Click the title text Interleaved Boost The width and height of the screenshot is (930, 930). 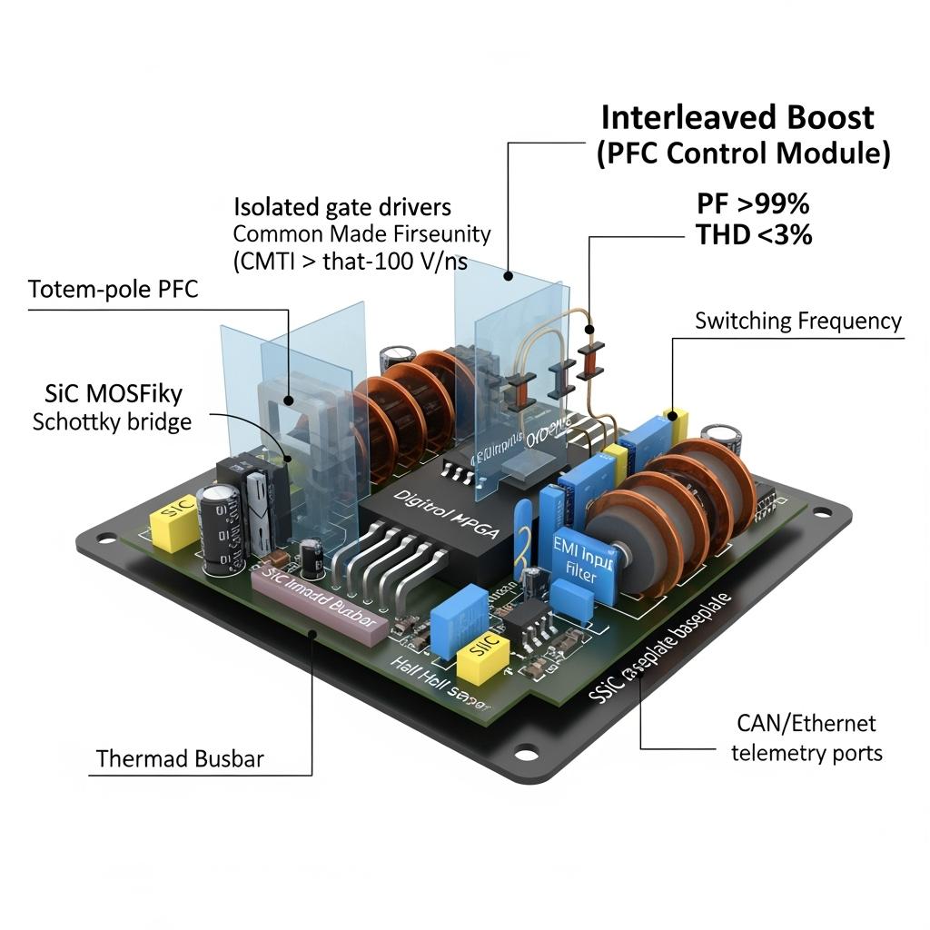tap(737, 117)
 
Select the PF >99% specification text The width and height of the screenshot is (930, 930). tap(752, 203)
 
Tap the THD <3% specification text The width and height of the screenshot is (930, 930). tap(754, 235)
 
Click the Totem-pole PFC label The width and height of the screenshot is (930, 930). tap(114, 290)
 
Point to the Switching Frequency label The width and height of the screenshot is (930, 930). tap(798, 321)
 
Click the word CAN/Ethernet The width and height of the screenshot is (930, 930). tap(806, 724)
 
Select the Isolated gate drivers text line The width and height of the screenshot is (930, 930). tap(342, 206)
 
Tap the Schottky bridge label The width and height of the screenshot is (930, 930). tap(112, 421)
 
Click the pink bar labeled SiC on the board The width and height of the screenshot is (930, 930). tap(317, 606)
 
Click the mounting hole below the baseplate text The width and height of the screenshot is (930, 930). tap(526, 752)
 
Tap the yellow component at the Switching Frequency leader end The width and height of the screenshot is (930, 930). tap(677, 420)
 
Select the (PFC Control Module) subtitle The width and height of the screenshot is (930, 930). tap(743, 153)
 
